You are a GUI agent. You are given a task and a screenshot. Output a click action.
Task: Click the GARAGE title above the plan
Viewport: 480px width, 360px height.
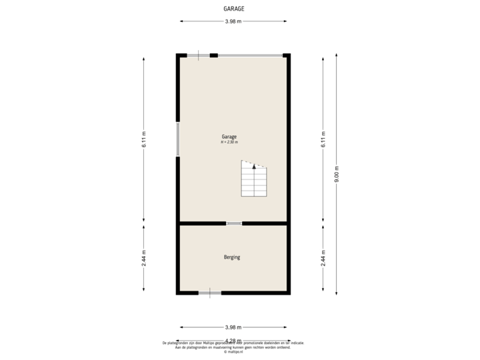pos(233,9)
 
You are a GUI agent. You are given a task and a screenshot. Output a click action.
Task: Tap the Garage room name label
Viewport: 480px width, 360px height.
pos(229,137)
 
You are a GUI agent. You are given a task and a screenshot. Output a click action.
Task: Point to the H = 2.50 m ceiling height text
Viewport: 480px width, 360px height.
pos(229,142)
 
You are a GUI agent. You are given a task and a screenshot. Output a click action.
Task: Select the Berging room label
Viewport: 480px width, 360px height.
pos(232,257)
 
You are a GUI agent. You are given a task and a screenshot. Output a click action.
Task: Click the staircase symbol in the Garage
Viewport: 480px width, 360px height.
pos(254,180)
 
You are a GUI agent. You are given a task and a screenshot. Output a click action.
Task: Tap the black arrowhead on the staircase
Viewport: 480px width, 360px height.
pos(253,167)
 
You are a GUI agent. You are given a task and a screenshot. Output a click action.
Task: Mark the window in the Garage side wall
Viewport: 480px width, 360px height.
pos(177,139)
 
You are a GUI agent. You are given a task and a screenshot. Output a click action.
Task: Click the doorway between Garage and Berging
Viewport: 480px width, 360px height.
pos(234,223)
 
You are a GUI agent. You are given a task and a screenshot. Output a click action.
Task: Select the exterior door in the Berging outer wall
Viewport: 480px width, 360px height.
pos(210,292)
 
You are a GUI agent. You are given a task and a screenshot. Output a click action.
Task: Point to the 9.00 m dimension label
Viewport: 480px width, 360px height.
pos(337,174)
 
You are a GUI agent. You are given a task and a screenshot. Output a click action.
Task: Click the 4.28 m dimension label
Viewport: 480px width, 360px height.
pos(233,341)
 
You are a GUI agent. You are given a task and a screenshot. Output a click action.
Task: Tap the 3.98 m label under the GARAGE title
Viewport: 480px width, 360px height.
pos(233,21)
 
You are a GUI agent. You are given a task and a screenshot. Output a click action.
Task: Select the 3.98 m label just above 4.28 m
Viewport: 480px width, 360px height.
pos(233,327)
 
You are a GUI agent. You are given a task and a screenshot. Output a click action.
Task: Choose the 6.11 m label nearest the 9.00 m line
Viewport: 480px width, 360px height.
pos(323,139)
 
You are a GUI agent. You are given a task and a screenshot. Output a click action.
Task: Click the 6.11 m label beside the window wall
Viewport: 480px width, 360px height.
pos(144,139)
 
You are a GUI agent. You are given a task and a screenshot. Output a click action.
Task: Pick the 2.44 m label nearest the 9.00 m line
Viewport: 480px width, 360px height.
pos(323,257)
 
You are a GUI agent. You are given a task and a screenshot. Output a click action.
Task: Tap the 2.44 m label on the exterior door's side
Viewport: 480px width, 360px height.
pos(144,257)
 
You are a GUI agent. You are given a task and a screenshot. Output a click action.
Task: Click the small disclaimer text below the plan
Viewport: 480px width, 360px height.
pos(233,346)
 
